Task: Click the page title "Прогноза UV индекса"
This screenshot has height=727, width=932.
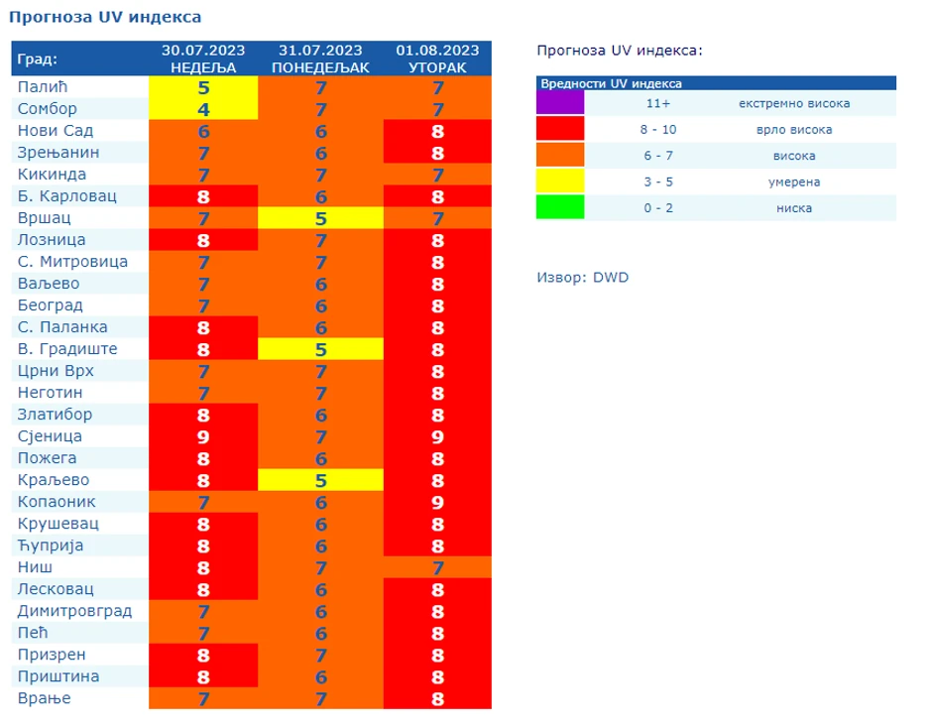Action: (x=105, y=17)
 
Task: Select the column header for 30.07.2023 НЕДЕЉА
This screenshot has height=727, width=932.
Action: (x=203, y=59)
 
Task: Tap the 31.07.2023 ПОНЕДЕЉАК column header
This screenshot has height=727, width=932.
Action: (x=320, y=59)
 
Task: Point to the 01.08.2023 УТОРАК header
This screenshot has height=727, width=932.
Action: (x=437, y=59)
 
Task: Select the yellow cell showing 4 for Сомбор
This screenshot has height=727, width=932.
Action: (x=203, y=109)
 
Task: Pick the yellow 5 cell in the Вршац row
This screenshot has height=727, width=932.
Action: (x=320, y=218)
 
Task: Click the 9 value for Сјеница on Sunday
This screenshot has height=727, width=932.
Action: (x=203, y=436)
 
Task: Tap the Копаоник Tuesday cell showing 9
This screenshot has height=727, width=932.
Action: (x=437, y=502)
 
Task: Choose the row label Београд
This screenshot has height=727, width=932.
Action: (x=50, y=305)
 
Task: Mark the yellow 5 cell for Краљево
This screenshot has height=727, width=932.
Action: (x=320, y=480)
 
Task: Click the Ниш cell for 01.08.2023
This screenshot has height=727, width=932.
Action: (x=437, y=567)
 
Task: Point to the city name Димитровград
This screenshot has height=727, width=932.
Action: (x=74, y=611)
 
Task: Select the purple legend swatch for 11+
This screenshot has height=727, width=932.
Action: (x=560, y=103)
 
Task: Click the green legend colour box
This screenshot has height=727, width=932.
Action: (x=560, y=207)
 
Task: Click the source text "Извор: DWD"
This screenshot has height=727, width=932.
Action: (x=582, y=278)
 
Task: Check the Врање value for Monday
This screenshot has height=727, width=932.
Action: (x=320, y=698)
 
